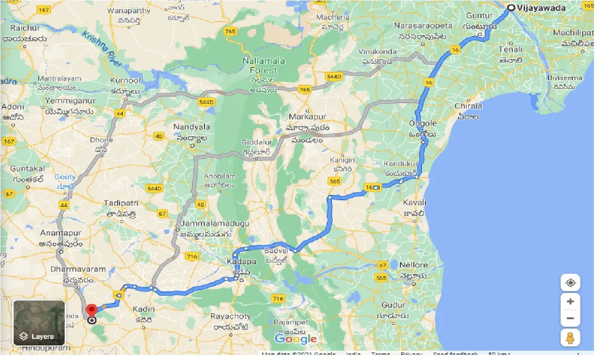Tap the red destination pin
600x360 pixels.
coord(92,311)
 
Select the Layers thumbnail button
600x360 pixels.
coord(39,322)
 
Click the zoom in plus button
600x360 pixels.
coord(570,301)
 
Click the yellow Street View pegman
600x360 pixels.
coord(570,337)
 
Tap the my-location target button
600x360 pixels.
coord(570,283)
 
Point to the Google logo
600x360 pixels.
coord(295,339)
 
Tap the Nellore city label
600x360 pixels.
coord(413,265)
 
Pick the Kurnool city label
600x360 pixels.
coord(126,81)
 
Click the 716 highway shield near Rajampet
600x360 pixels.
coord(277,299)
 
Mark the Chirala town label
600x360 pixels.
coord(468,106)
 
